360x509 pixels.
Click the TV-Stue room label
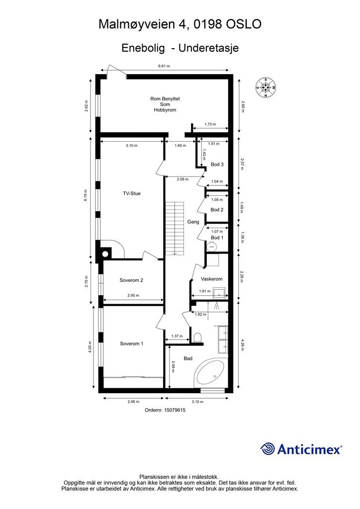point(131,193)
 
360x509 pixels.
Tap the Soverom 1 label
point(131,344)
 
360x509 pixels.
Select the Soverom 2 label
point(131,280)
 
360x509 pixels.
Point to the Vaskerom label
point(212,279)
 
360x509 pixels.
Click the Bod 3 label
point(217,164)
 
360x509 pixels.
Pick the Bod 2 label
point(217,210)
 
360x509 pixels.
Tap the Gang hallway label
point(193,222)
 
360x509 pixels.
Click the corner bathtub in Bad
point(210,374)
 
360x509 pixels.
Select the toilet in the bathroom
point(197,338)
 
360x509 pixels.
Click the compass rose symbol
point(266,87)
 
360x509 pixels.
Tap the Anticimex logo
point(301,449)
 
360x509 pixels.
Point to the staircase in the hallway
point(175,228)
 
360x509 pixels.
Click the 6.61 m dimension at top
point(164,66)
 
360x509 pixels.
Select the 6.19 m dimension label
point(86,195)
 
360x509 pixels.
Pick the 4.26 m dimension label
point(242,345)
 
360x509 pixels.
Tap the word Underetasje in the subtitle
point(208,48)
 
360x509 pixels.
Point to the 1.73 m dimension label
point(210,124)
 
